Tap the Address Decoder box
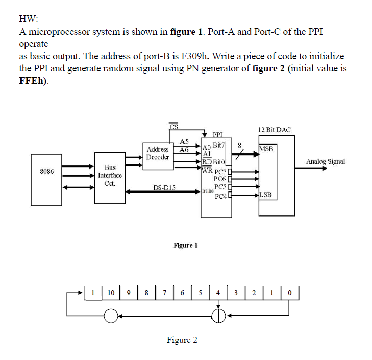[x=158, y=153]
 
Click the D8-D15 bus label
[x=164, y=188]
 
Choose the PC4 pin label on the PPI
[x=220, y=196]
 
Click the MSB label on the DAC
[x=267, y=149]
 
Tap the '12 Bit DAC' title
[x=274, y=130]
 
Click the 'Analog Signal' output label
[x=325, y=161]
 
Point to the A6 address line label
[x=184, y=150]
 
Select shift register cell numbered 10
[x=111, y=293]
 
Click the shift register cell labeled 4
[x=218, y=293]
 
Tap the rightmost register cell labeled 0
[x=289, y=293]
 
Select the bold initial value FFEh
[x=32, y=81]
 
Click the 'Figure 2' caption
[x=182, y=340]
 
